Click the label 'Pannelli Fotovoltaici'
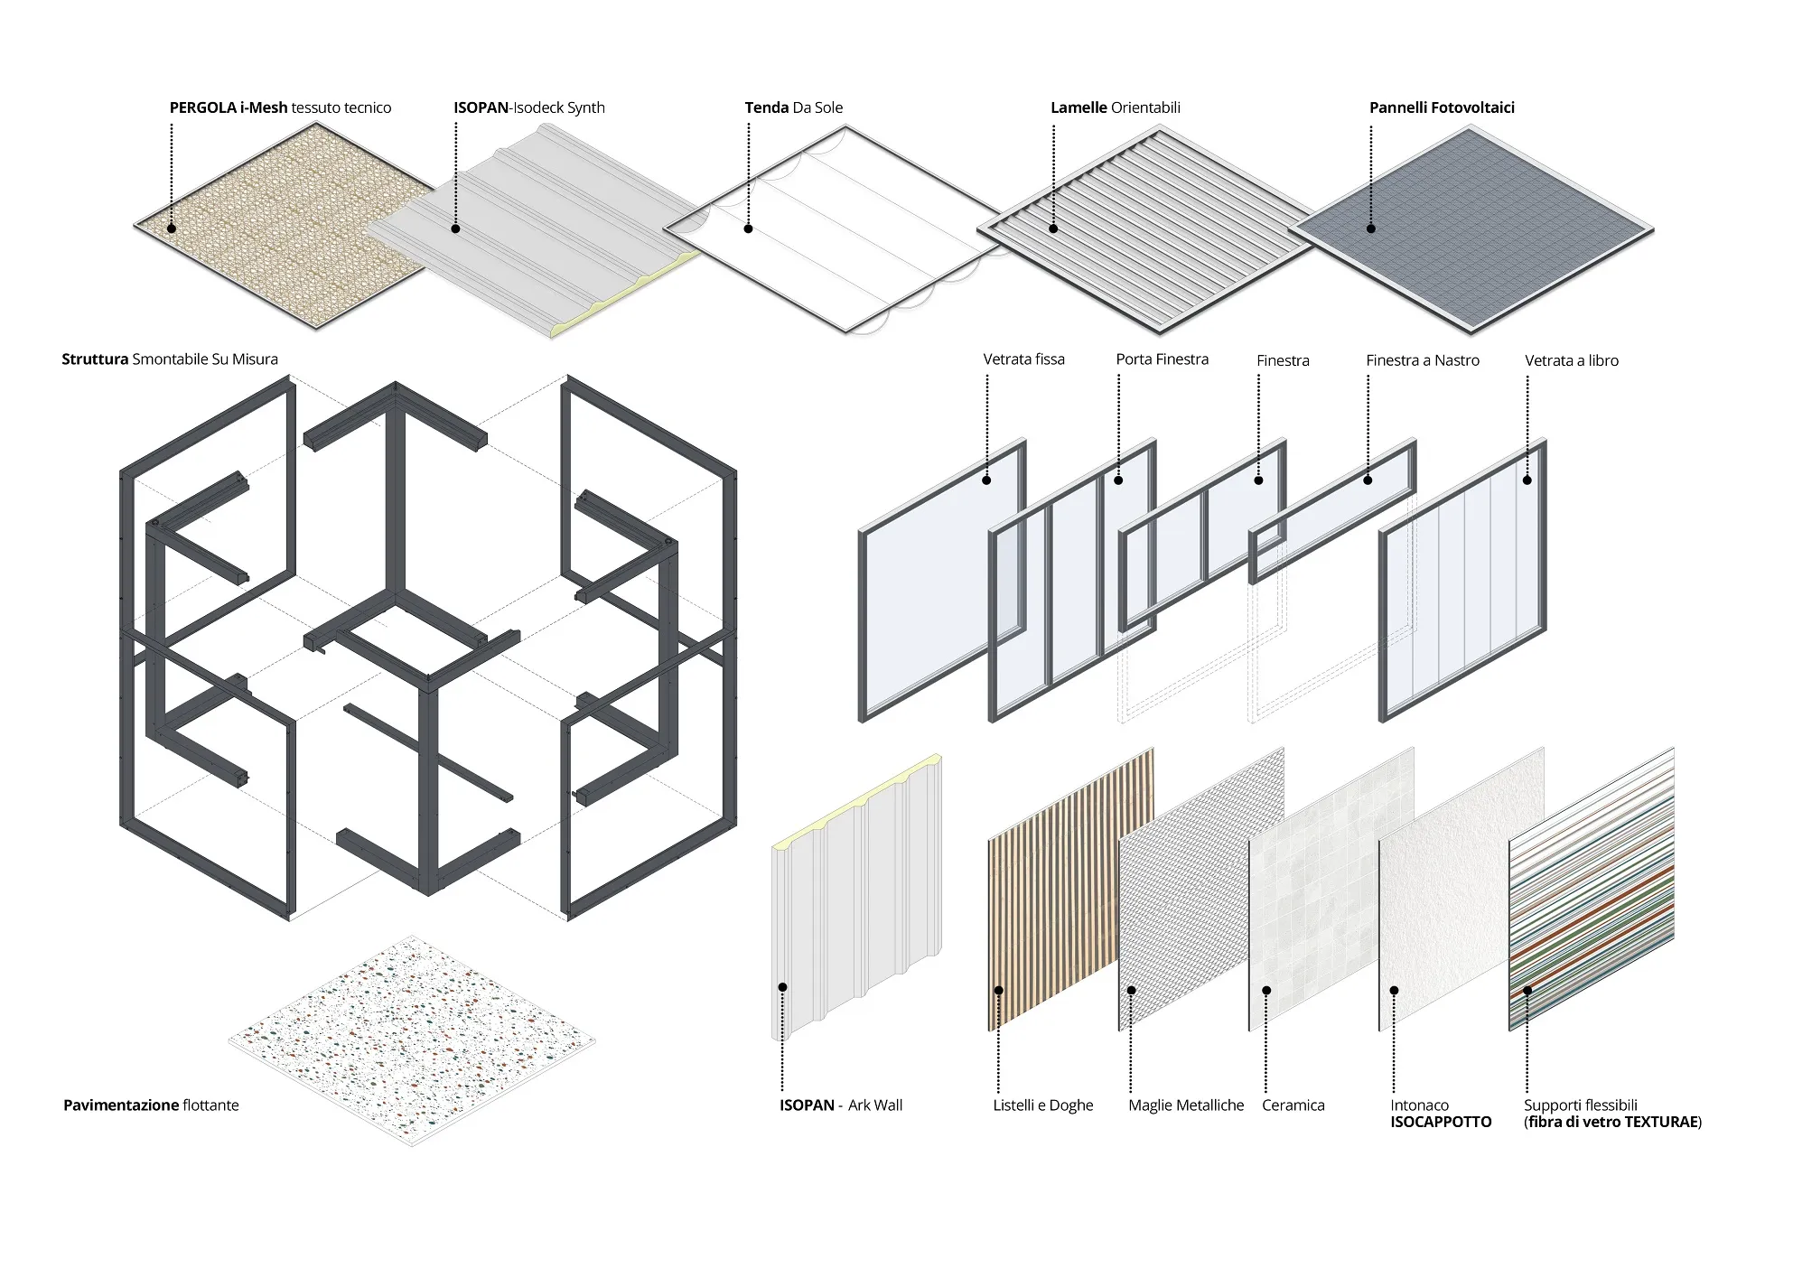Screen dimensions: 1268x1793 (x=1442, y=107)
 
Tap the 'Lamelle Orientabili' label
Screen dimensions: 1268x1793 (x=1115, y=107)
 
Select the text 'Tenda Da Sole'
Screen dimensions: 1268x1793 (x=793, y=107)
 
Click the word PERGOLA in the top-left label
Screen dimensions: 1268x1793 (x=203, y=107)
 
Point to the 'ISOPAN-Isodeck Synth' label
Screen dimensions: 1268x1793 (x=528, y=107)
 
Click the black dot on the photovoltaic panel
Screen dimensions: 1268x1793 (x=1370, y=228)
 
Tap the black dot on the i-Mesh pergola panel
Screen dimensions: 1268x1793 (x=172, y=228)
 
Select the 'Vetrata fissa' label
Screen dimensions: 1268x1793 (x=1023, y=359)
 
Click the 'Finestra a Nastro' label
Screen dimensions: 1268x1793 (x=1422, y=360)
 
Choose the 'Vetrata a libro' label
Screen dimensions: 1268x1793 (x=1571, y=360)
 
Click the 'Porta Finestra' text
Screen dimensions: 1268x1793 (x=1162, y=359)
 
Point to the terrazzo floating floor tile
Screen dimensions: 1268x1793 (x=412, y=1039)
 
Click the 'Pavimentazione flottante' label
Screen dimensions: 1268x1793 (x=151, y=1105)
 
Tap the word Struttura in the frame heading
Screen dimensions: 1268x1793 (x=95, y=359)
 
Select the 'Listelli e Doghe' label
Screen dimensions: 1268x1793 (x=1042, y=1105)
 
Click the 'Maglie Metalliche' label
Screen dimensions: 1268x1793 (x=1185, y=1105)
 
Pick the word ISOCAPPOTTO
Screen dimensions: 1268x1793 (x=1441, y=1122)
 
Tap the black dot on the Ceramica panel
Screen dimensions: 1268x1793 (x=1266, y=991)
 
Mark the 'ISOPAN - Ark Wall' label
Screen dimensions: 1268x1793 (x=841, y=1105)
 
